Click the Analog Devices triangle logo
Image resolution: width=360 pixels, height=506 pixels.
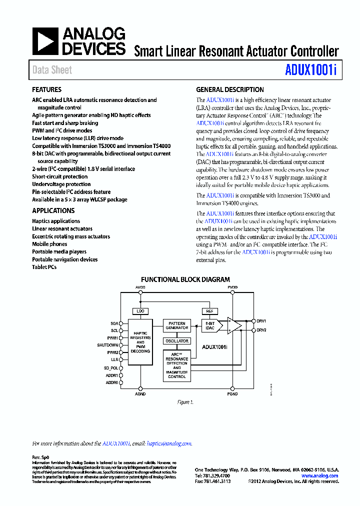pos(45,41)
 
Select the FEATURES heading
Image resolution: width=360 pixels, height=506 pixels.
pos(47,90)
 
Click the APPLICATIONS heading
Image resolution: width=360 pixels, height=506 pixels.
pos(53,211)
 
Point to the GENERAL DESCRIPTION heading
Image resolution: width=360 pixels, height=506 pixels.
pos(230,90)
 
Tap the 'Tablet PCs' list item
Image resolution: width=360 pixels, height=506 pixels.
pos(44,267)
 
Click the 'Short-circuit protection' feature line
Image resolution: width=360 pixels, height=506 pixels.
pos(60,176)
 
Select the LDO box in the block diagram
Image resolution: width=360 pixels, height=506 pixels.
pos(140,311)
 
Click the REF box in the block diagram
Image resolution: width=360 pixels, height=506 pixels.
pos(209,311)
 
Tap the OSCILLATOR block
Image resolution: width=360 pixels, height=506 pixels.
pos(177,341)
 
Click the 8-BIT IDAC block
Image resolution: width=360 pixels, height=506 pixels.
pos(210,326)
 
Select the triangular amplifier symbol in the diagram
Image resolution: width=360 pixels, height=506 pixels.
pos(233,325)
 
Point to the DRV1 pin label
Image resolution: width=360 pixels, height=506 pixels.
pos(261,321)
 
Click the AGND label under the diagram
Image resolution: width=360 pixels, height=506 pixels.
pos(140,394)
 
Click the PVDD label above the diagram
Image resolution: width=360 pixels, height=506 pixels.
pos(232,287)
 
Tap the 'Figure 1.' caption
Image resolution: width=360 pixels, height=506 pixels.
pos(185,402)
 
